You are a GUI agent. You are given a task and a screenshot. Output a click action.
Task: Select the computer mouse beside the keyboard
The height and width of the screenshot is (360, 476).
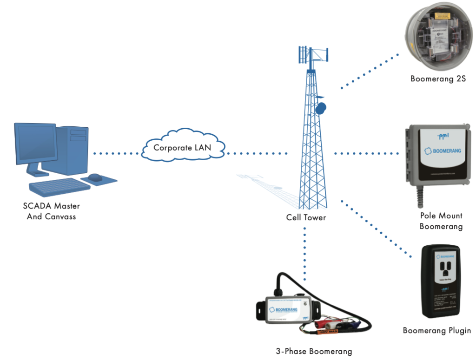(95, 177)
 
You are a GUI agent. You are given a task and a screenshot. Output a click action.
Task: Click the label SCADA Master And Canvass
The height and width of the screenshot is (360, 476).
(52, 210)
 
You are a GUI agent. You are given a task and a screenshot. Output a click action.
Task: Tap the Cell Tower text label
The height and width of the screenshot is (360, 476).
(305, 217)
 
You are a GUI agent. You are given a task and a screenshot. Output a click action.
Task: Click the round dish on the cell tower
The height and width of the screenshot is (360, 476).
(321, 109)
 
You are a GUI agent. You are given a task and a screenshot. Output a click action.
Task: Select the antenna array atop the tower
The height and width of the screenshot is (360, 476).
(312, 55)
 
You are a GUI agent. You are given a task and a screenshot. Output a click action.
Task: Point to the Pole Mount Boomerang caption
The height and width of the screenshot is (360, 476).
(441, 221)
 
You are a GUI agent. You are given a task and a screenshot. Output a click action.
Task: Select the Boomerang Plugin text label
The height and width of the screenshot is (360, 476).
(437, 331)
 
